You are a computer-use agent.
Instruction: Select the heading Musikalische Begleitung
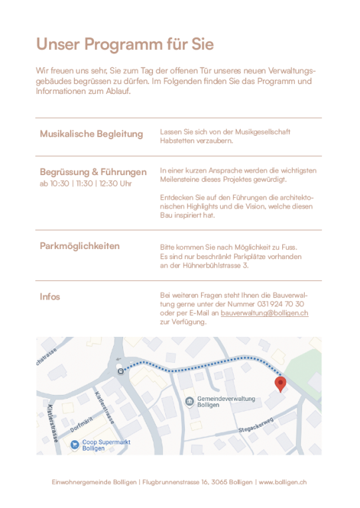(91, 134)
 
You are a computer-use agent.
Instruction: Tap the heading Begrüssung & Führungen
(93, 172)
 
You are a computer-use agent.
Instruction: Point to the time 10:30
(59, 184)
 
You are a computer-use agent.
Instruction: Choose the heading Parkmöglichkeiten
(80, 246)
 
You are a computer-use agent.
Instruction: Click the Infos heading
(50, 297)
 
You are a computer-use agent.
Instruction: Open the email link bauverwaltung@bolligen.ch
(264, 313)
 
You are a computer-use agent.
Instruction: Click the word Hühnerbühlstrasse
(210, 266)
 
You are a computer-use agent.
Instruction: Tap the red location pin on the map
(281, 383)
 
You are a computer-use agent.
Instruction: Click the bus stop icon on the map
(120, 371)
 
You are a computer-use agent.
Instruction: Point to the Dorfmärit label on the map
(80, 423)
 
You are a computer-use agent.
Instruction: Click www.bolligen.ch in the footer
(282, 482)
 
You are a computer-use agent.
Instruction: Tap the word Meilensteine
(182, 180)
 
